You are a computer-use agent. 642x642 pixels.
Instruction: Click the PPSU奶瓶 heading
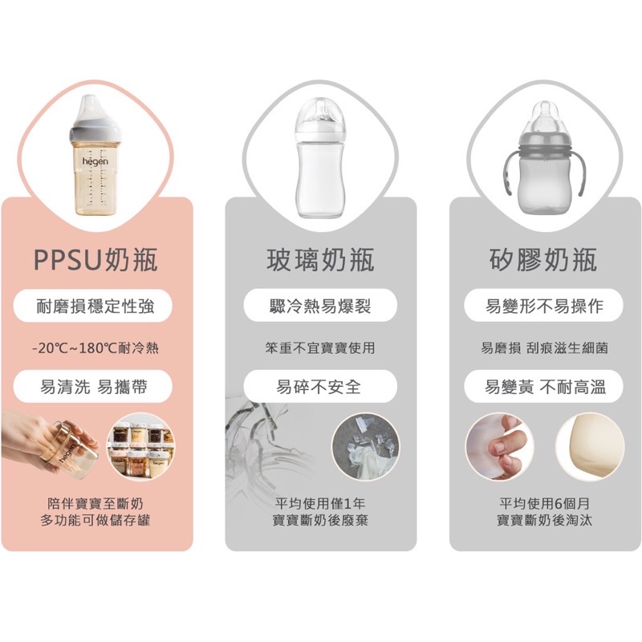95,259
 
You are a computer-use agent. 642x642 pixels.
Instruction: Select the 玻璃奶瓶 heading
320,259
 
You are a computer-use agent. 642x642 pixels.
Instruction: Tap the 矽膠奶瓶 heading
543,259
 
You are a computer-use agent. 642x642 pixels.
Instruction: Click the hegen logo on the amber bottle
95,161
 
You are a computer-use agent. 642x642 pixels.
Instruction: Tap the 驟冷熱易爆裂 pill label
320,306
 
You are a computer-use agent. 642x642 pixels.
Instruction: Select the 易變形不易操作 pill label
544,306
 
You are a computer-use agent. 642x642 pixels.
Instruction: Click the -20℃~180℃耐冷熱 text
95,348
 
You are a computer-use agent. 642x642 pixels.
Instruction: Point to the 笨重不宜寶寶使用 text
320,348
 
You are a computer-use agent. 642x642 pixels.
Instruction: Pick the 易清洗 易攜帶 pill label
93,387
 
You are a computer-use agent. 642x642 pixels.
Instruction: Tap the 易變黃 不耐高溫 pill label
544,387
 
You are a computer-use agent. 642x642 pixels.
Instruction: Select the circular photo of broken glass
366,447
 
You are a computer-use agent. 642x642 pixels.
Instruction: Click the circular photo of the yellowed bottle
590,447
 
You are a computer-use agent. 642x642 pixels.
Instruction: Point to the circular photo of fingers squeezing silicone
500,447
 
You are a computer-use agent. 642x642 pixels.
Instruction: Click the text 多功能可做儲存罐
95,520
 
